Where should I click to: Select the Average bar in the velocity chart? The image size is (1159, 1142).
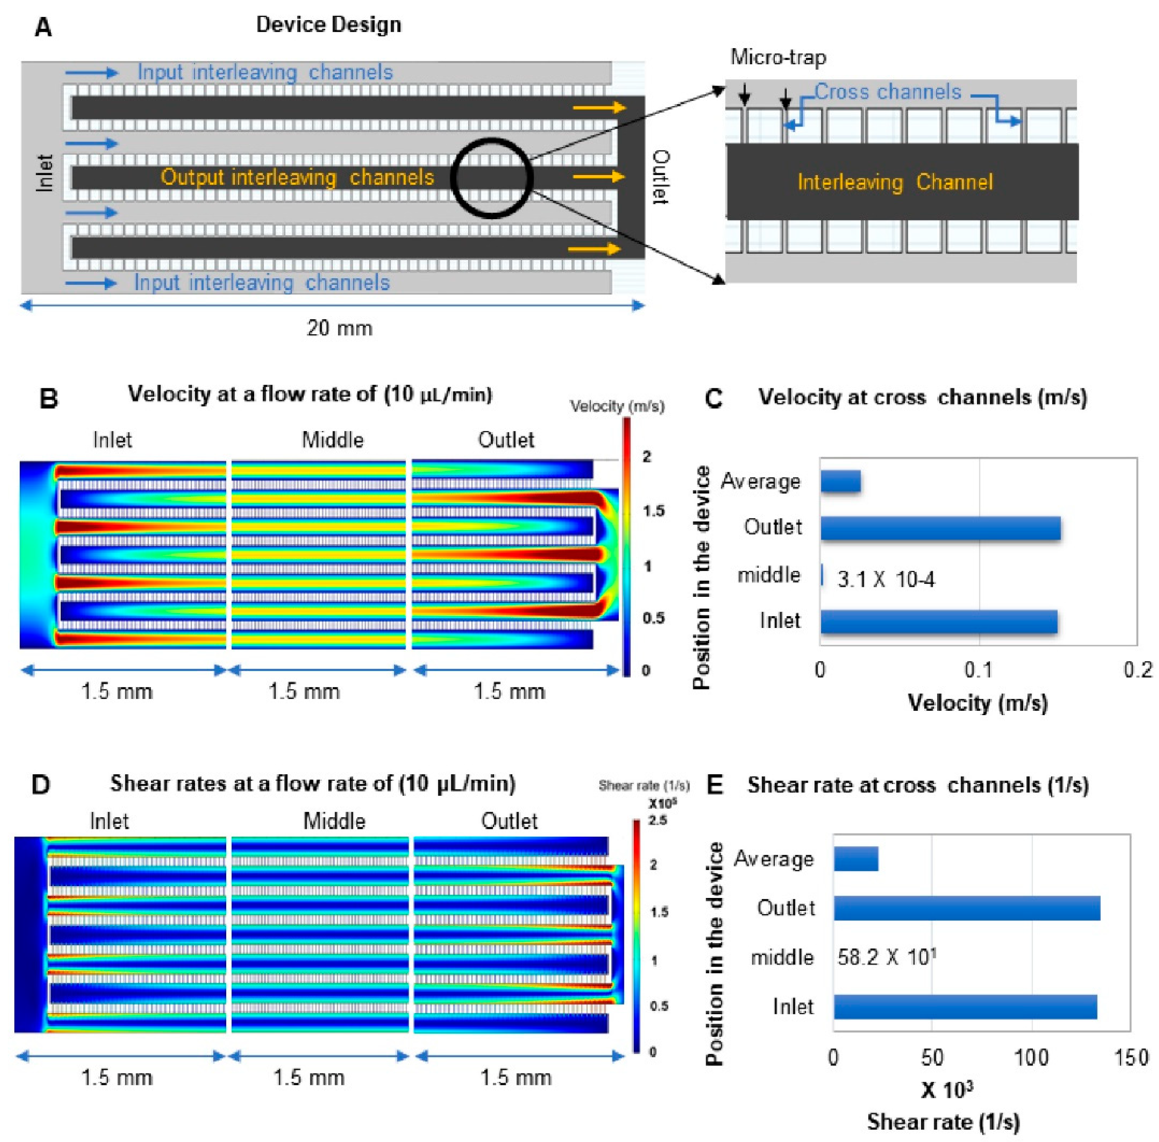pos(840,481)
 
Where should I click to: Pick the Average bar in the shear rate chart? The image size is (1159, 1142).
pos(856,859)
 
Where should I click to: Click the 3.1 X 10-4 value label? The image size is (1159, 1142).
pos(886,579)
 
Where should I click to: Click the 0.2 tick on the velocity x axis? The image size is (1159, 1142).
pos(1137,669)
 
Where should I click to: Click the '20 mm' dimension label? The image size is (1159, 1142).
pos(339,328)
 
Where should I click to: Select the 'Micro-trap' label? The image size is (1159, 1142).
pos(778,58)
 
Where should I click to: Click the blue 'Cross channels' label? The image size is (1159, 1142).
pos(887,92)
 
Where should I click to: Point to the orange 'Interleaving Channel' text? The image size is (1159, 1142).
pos(895,182)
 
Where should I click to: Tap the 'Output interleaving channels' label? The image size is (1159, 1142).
pos(298,177)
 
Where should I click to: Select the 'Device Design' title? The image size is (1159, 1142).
pos(329,24)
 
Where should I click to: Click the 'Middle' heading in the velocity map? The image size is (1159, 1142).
pos(332,440)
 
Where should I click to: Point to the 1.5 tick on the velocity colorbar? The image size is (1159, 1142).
pos(653,511)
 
